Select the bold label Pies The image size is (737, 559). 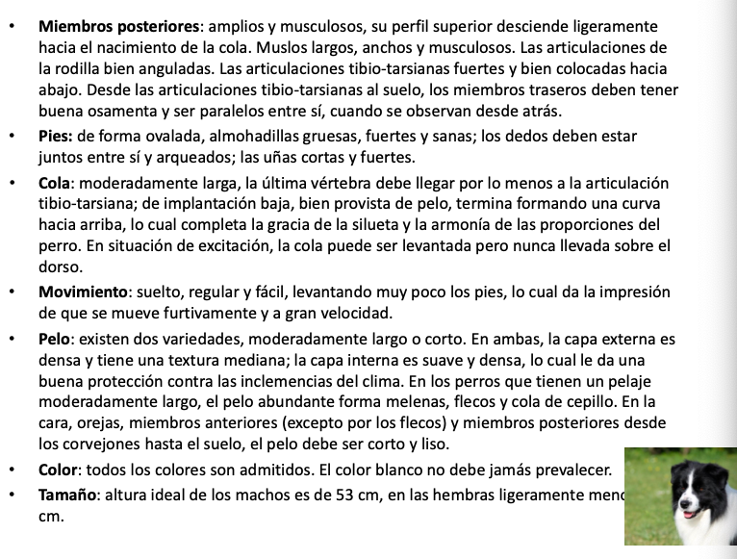tap(56, 136)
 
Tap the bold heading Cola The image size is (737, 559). tap(57, 183)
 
